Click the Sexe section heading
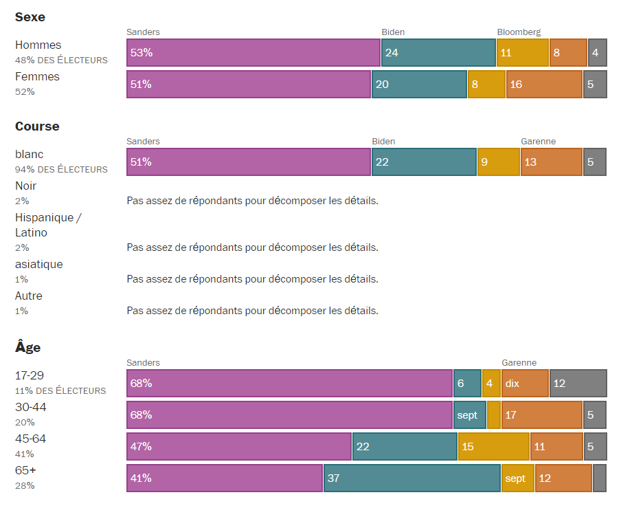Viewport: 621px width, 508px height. (x=30, y=17)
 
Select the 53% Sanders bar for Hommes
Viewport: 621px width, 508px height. (x=253, y=53)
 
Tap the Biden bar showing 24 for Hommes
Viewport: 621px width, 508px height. (x=438, y=53)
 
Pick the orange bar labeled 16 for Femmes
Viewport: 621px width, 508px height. (x=544, y=85)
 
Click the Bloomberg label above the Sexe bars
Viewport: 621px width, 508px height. (x=519, y=32)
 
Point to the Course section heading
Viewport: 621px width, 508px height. (x=37, y=126)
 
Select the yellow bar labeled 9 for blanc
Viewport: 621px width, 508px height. (x=498, y=162)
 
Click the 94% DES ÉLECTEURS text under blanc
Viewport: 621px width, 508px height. (x=61, y=170)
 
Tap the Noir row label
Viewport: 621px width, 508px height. (x=26, y=186)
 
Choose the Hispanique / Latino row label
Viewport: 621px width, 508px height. (x=48, y=225)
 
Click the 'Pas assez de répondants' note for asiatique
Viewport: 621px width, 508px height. (x=252, y=279)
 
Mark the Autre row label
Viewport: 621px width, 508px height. (x=29, y=296)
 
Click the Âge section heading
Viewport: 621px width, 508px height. (x=28, y=348)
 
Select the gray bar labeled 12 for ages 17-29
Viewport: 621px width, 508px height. (x=578, y=384)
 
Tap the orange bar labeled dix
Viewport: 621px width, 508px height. (x=525, y=384)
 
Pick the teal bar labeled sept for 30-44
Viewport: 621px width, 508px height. (x=469, y=415)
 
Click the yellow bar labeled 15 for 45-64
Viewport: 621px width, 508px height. (x=493, y=447)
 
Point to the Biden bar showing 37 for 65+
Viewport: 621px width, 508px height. (x=411, y=478)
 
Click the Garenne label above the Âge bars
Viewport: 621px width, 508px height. (x=519, y=363)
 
